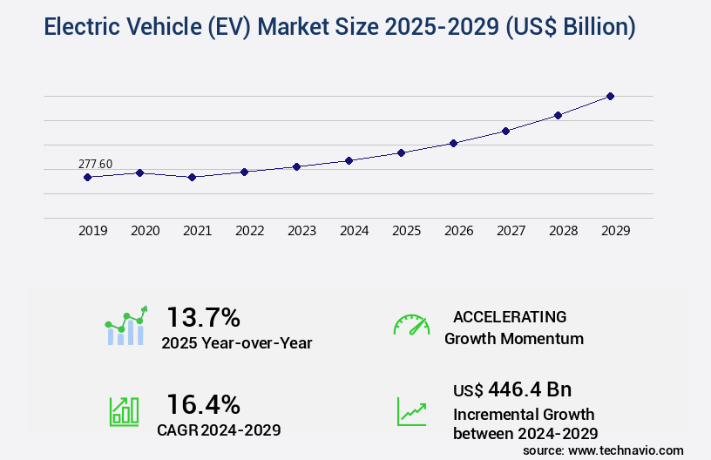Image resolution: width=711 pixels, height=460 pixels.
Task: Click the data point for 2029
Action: coord(610,96)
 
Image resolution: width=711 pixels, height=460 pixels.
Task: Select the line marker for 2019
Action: coord(87,177)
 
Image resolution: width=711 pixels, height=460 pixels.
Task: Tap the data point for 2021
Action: coord(192,177)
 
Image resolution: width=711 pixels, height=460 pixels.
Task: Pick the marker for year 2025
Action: coord(401,152)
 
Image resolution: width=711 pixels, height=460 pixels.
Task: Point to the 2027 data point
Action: coord(505,131)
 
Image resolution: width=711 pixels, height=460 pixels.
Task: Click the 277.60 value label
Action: coord(95,164)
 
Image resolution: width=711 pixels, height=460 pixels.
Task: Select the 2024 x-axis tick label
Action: coord(354,231)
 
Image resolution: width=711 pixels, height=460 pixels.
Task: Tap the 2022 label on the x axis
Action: coord(249,231)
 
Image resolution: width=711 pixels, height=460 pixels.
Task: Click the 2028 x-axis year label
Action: coord(563,231)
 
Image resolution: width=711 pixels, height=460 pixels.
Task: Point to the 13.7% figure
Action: coord(203,316)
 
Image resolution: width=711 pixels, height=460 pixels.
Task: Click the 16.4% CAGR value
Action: coord(203,403)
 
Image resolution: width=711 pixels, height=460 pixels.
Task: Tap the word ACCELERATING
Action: coord(510,316)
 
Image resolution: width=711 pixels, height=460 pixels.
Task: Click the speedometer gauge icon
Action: coord(411,325)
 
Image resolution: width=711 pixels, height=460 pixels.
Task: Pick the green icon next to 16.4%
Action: coord(123,411)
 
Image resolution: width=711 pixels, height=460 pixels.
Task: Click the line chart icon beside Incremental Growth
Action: coord(411,411)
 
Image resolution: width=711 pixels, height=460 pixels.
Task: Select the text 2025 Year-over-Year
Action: coord(236,342)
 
